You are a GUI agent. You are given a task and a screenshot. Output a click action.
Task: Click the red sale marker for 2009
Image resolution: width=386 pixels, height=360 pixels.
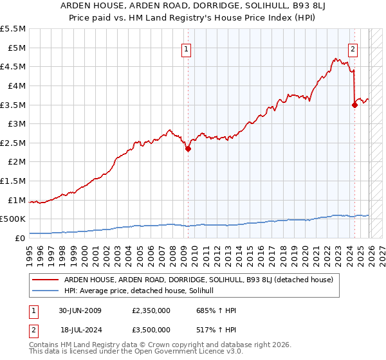point(188,148)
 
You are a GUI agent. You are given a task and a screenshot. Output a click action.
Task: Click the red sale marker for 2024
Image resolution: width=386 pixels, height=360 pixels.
point(354,105)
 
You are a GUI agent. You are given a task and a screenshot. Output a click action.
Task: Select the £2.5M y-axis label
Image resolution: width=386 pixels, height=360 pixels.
point(13,143)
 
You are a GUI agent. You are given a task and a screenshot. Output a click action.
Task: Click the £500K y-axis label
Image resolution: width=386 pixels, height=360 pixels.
point(13,219)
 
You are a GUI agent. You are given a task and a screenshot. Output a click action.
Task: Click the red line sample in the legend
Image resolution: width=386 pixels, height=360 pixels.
point(46,280)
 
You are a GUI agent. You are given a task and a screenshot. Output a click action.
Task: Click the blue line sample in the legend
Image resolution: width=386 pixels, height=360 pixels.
point(46,291)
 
